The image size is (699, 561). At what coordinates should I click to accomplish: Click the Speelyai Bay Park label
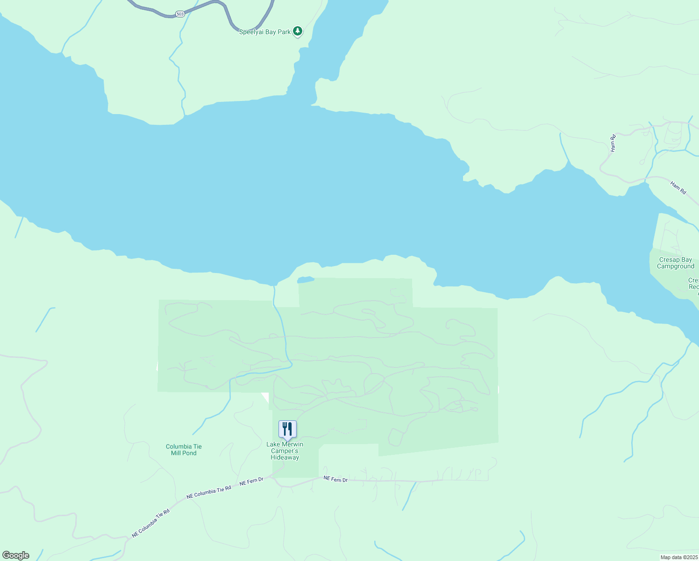[x=265, y=32]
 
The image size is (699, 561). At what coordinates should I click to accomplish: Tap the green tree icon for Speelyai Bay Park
[x=298, y=31]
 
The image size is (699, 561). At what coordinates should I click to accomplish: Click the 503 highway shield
[x=180, y=14]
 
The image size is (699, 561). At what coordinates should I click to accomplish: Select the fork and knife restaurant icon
[x=287, y=429]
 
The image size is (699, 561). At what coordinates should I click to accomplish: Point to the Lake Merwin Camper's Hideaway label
[x=285, y=451]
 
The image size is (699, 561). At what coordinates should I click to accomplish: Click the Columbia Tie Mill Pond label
[x=184, y=450]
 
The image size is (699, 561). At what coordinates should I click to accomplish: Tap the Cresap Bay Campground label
[x=675, y=263]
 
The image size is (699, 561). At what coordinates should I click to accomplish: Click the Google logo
[x=15, y=555]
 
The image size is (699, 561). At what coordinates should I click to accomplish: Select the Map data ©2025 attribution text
[x=679, y=557]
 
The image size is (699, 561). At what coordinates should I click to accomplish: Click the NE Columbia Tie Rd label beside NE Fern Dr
[x=209, y=492]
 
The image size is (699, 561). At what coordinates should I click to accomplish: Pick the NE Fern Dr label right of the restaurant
[x=336, y=480]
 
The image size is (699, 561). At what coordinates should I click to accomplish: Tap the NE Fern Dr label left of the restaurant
[x=251, y=482]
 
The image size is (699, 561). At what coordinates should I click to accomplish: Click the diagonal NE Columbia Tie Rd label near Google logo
[x=150, y=523]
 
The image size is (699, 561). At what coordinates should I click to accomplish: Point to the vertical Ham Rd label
[x=613, y=143]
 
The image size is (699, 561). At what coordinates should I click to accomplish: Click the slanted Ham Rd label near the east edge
[x=678, y=188]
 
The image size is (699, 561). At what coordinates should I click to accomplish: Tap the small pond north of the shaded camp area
[x=306, y=280]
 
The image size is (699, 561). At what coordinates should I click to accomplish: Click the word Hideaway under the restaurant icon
[x=285, y=458]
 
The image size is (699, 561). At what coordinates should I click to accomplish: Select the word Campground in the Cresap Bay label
[x=676, y=266]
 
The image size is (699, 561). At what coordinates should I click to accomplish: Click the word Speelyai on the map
[x=251, y=32]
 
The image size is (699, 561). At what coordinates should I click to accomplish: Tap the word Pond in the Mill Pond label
[x=190, y=453]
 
